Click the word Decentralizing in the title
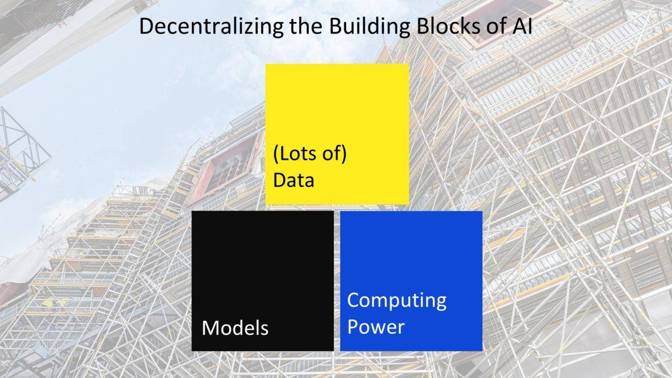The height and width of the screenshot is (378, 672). [x=211, y=26]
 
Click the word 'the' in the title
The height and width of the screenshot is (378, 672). [x=306, y=26]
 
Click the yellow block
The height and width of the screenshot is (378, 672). [x=337, y=134]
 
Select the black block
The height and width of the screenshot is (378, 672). [x=263, y=281]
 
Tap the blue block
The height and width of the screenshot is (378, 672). [x=411, y=281]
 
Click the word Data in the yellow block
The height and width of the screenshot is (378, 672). [x=293, y=180]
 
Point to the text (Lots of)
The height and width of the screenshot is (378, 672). [x=310, y=153]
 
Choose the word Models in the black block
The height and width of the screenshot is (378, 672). [x=235, y=328]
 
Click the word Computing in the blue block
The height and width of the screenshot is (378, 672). [x=396, y=301]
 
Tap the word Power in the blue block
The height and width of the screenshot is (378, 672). [x=376, y=326]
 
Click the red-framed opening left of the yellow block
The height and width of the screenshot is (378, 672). [x=226, y=170]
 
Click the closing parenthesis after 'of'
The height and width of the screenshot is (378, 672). [x=344, y=153]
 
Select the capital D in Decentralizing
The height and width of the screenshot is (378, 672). [x=146, y=26]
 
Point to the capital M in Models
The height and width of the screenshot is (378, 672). [x=209, y=328]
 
